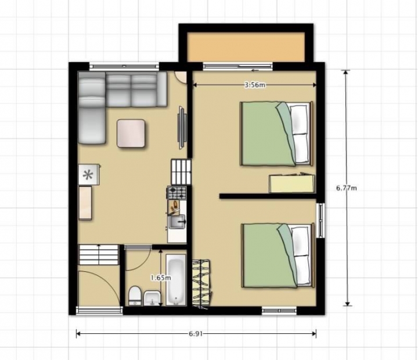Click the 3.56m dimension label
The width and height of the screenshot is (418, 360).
pyautogui.click(x=255, y=85)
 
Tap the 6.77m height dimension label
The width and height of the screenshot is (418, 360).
pyautogui.click(x=346, y=188)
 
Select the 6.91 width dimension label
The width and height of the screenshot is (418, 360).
pyautogui.click(x=196, y=334)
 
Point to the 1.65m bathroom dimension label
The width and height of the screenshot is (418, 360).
pyautogui.click(x=161, y=278)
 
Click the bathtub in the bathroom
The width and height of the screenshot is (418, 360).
pyautogui.click(x=176, y=280)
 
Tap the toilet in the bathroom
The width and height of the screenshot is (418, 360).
pyautogui.click(x=135, y=296)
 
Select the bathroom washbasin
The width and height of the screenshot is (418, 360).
pyautogui.click(x=152, y=298)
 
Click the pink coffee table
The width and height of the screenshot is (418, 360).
pyautogui.click(x=131, y=134)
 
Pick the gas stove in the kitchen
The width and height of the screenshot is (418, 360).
pyautogui.click(x=177, y=193)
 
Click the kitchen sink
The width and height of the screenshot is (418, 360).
pyautogui.click(x=177, y=222)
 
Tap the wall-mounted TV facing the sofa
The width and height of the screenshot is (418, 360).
pyautogui.click(x=182, y=128)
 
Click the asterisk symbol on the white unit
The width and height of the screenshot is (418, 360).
pyautogui.click(x=88, y=175)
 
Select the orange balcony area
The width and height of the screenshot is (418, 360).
pyautogui.click(x=246, y=47)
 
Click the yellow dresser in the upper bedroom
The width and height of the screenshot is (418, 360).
pyautogui.click(x=292, y=183)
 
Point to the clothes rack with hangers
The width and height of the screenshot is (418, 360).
pyautogui.click(x=202, y=284)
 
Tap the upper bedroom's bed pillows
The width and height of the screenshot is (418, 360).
pyautogui.click(x=301, y=134)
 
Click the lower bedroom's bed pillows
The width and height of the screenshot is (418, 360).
pyautogui.click(x=302, y=256)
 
